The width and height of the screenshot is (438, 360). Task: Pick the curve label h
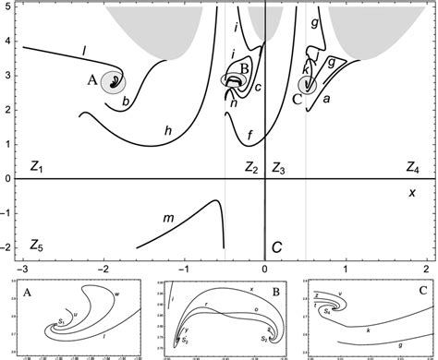click(167, 132)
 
